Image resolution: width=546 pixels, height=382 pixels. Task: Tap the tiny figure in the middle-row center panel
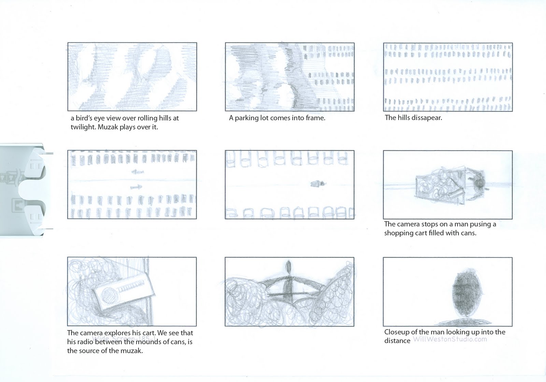tap(316, 184)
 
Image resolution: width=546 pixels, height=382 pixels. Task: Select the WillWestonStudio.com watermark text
tap(450, 339)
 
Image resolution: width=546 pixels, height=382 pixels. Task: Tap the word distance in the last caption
tap(397, 341)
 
